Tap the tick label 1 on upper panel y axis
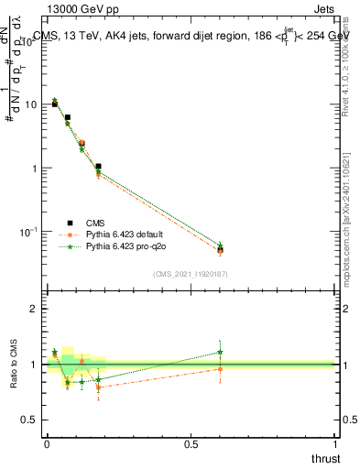(34, 169)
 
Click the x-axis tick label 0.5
(191, 444)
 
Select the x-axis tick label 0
(47, 444)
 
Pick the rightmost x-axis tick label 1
(335, 444)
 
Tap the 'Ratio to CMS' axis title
(12, 364)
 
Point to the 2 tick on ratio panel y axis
(34, 309)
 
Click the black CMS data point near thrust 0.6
(220, 249)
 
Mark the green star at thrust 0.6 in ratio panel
(220, 352)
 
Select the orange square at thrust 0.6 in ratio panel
(220, 369)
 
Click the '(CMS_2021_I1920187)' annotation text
(190, 273)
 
